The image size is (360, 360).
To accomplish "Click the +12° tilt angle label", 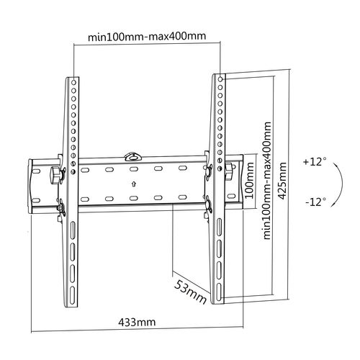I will tap(314, 162).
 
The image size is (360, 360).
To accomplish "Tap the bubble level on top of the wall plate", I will tap(134, 155).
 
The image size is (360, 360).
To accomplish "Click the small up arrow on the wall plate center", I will tap(134, 184).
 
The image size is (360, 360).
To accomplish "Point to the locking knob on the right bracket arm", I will tap(228, 170).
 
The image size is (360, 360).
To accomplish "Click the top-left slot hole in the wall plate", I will tap(88, 171).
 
